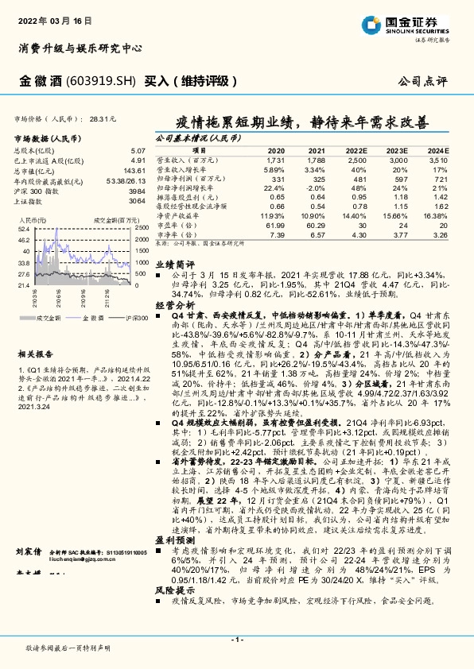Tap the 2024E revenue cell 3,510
coord(440,160)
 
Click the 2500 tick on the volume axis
coord(141,227)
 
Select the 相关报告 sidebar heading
coord(33,354)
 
